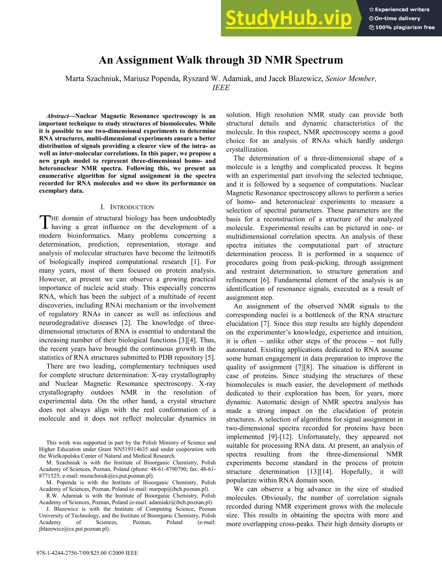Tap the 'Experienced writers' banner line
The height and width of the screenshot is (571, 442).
coord(399,10)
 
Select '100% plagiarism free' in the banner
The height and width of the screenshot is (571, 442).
coord(402,27)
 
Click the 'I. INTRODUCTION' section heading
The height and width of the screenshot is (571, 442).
coord(127,207)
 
